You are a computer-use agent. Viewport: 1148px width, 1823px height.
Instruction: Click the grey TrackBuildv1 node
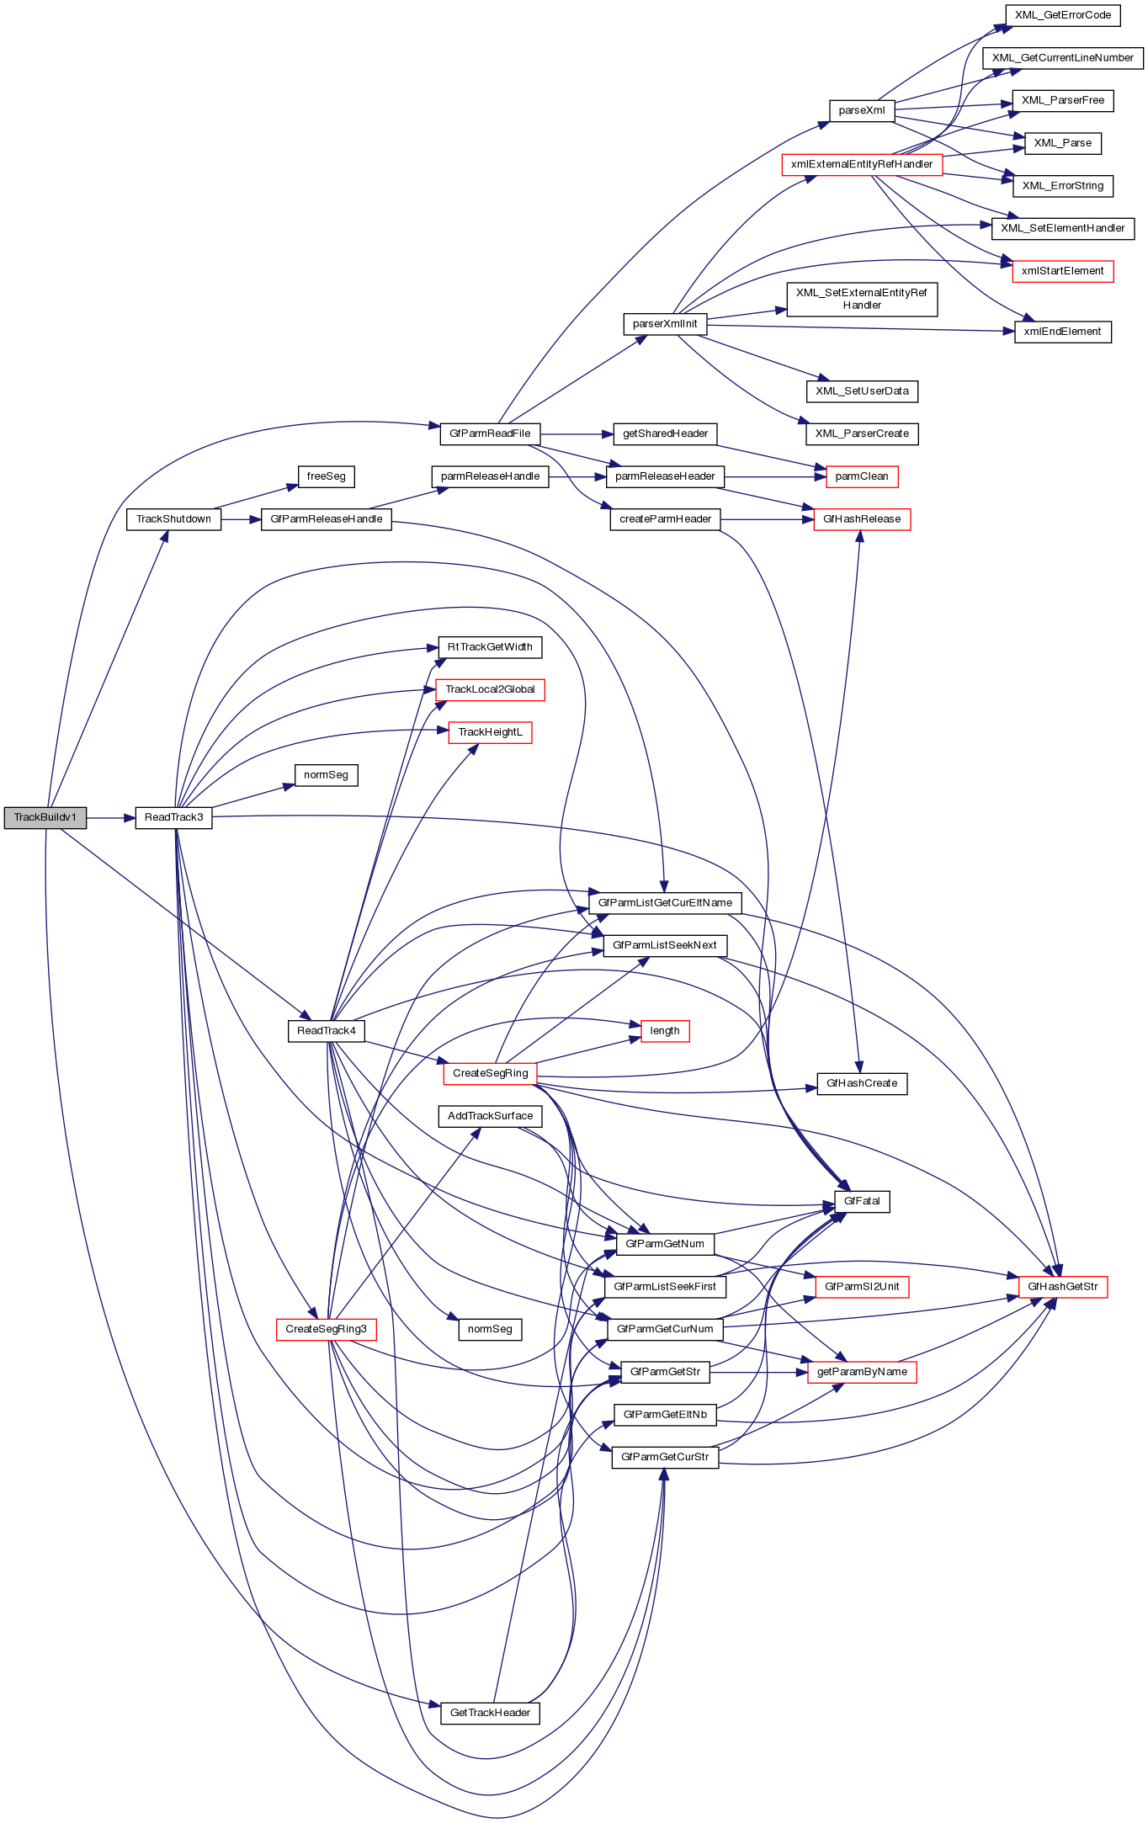[x=45, y=817]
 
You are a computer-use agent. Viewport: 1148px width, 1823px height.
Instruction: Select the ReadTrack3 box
[x=173, y=817]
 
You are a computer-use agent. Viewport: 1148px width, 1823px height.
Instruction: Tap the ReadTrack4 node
[x=326, y=1031]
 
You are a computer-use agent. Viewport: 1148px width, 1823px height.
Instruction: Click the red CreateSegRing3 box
[x=326, y=1329]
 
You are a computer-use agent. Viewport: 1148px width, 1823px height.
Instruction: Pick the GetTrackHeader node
[x=490, y=1713]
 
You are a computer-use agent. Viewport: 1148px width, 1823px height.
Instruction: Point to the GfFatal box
[x=862, y=1201]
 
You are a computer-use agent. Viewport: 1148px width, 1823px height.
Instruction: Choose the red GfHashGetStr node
[x=1062, y=1287]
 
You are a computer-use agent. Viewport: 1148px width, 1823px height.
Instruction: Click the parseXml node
[x=862, y=110]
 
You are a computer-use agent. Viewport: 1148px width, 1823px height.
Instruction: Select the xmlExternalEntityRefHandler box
[x=862, y=164]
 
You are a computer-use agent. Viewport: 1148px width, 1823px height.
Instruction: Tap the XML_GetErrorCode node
[x=1062, y=15]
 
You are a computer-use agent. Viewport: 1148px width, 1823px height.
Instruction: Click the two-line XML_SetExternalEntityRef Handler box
[x=862, y=299]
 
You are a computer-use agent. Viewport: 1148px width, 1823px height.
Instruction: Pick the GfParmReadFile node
[x=490, y=433]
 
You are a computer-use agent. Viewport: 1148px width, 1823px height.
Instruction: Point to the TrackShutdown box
[x=173, y=519]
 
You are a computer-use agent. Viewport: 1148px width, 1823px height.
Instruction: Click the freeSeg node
[x=326, y=476]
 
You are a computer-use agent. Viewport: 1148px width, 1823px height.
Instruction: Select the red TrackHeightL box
[x=490, y=732]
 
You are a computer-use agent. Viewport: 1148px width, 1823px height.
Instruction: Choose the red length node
[x=665, y=1031]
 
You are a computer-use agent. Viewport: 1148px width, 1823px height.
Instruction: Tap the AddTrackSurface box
[x=490, y=1116]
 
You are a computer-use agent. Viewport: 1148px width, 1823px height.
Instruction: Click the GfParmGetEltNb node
[x=665, y=1415]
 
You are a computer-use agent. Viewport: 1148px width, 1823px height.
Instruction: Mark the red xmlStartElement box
[x=1062, y=271]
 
